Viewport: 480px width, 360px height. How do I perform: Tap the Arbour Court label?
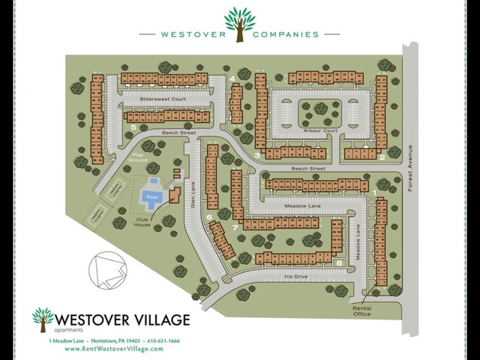click(322, 130)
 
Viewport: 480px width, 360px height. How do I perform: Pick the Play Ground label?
click(137, 158)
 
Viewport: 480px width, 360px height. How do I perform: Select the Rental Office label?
click(362, 310)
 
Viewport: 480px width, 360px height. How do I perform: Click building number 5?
click(133, 127)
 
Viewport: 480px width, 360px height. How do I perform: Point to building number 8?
click(340, 263)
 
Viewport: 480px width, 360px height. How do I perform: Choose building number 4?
click(232, 79)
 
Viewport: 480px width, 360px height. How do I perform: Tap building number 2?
click(382, 157)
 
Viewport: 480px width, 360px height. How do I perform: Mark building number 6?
click(209, 217)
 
